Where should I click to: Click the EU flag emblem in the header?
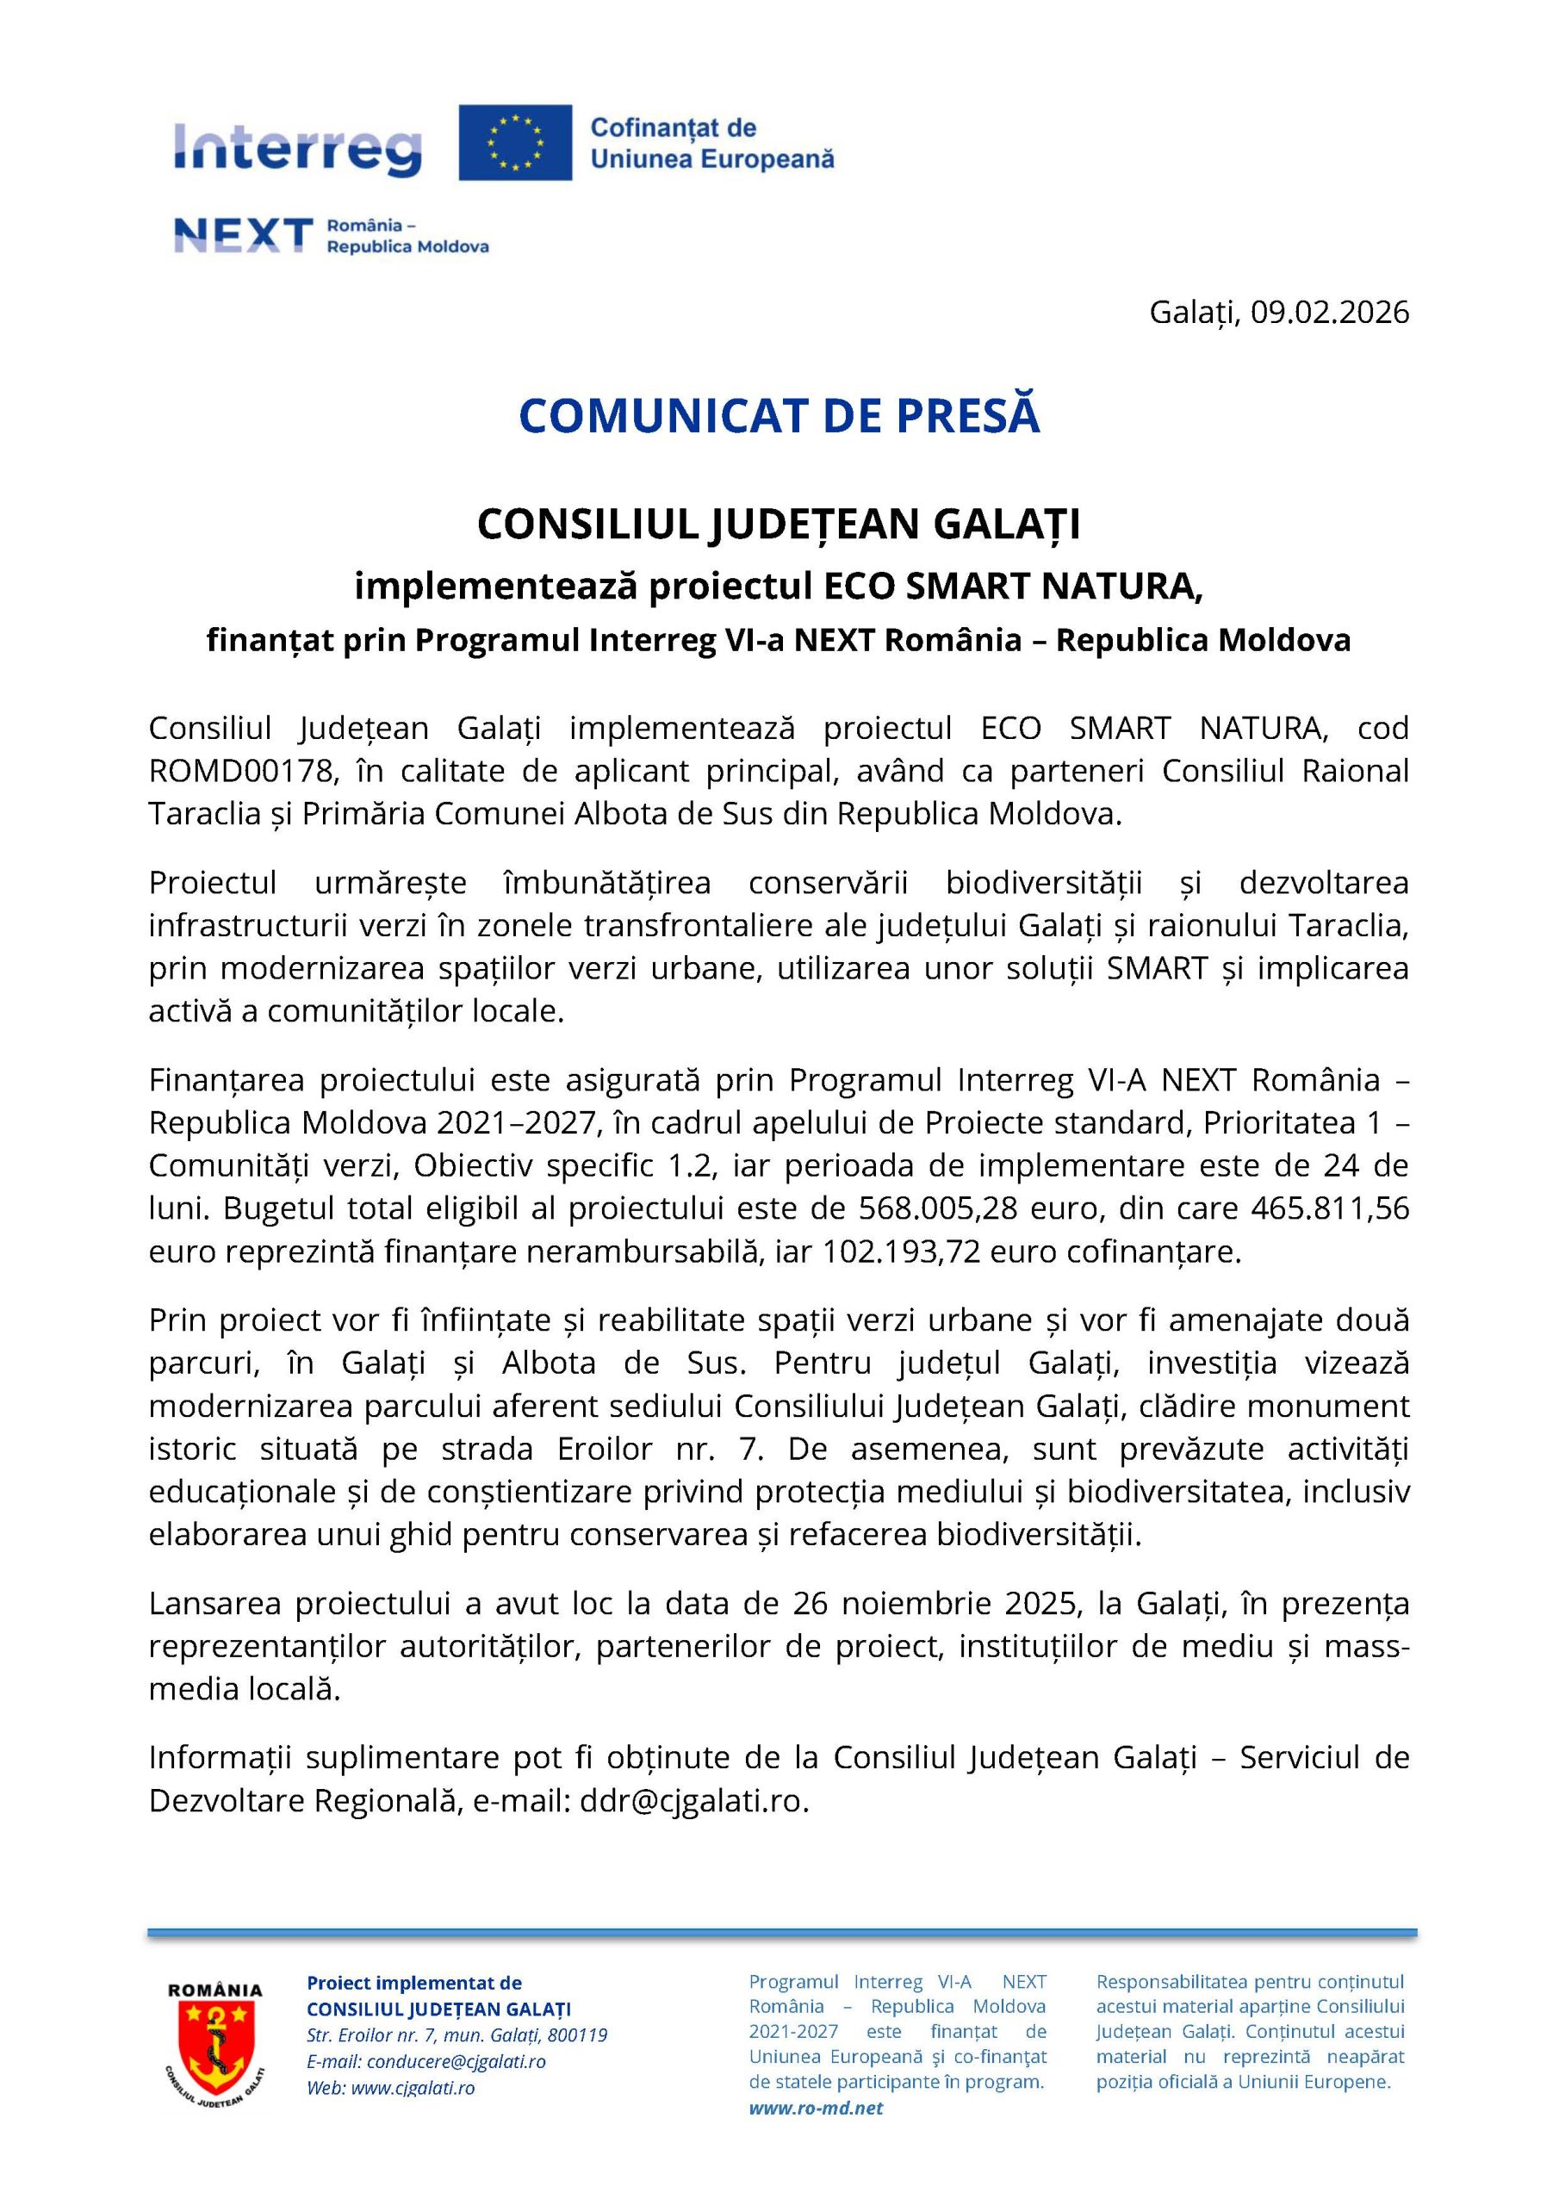515,142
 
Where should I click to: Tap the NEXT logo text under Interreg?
243,234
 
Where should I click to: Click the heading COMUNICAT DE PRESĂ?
779,416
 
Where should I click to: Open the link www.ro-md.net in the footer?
816,2108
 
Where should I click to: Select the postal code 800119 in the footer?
577,2035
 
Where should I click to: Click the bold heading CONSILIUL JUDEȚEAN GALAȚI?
779,525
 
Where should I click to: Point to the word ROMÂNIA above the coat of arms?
215,1991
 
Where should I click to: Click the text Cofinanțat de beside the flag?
673,127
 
